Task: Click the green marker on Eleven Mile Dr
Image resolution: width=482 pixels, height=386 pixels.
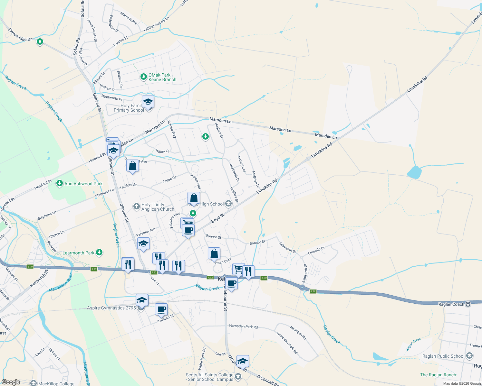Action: point(40,41)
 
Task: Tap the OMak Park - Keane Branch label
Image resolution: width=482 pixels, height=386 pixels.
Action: point(162,77)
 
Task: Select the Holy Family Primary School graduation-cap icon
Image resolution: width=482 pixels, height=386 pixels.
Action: point(148,102)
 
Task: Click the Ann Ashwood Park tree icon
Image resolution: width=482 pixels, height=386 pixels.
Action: point(59,183)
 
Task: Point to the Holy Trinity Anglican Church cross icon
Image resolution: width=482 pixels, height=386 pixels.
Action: point(136,206)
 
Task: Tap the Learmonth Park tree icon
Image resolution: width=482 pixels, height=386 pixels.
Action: point(99,253)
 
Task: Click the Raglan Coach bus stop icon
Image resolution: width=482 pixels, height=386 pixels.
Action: point(468,304)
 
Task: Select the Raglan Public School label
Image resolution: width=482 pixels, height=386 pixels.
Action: point(443,356)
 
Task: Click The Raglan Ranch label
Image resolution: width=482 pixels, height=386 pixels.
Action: point(438,375)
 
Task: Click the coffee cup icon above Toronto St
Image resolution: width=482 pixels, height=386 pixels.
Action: point(161,309)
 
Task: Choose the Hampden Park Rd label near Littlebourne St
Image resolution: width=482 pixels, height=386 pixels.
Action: point(243,326)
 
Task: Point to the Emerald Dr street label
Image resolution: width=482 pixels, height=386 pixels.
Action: point(316,251)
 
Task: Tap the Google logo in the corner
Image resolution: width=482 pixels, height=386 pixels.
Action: point(11,382)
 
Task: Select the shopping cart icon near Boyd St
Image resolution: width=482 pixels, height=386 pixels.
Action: point(187,223)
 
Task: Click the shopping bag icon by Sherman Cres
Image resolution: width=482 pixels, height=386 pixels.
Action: point(214,254)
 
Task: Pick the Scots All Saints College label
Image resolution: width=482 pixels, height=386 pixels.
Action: point(209,377)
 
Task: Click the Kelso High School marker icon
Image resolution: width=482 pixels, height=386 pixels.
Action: point(228,203)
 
